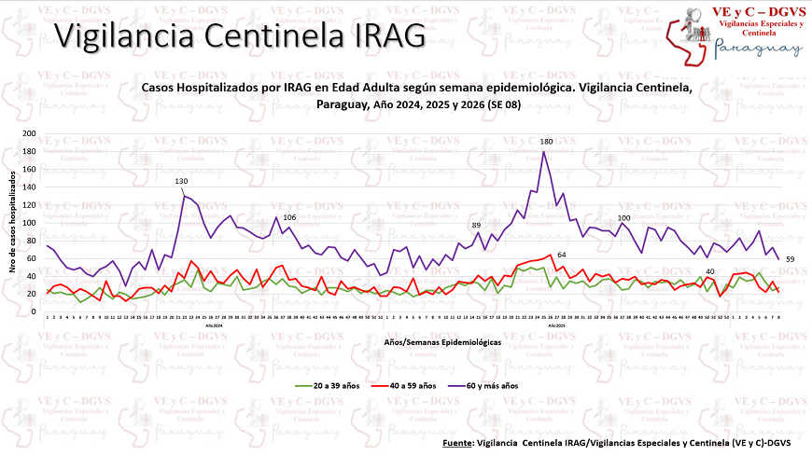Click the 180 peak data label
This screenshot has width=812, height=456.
tap(546, 141)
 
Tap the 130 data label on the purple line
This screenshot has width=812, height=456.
tap(181, 181)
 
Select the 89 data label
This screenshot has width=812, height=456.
tap(476, 226)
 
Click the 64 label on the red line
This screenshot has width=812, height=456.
tap(561, 255)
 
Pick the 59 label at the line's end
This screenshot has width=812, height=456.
tap(789, 258)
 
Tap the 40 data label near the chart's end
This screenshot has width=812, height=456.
tap(710, 271)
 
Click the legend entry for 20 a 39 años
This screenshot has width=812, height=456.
tap(331, 384)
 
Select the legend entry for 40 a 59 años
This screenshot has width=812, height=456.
tap(410, 384)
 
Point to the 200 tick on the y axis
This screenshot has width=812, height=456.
tap(29, 133)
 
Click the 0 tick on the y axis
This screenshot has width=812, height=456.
tap(34, 311)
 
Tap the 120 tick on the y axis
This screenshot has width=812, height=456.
tap(29, 204)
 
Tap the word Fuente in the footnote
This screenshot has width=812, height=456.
tap(456, 442)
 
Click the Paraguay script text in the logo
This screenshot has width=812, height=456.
tap(757, 48)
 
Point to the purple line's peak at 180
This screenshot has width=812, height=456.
tap(544, 152)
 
